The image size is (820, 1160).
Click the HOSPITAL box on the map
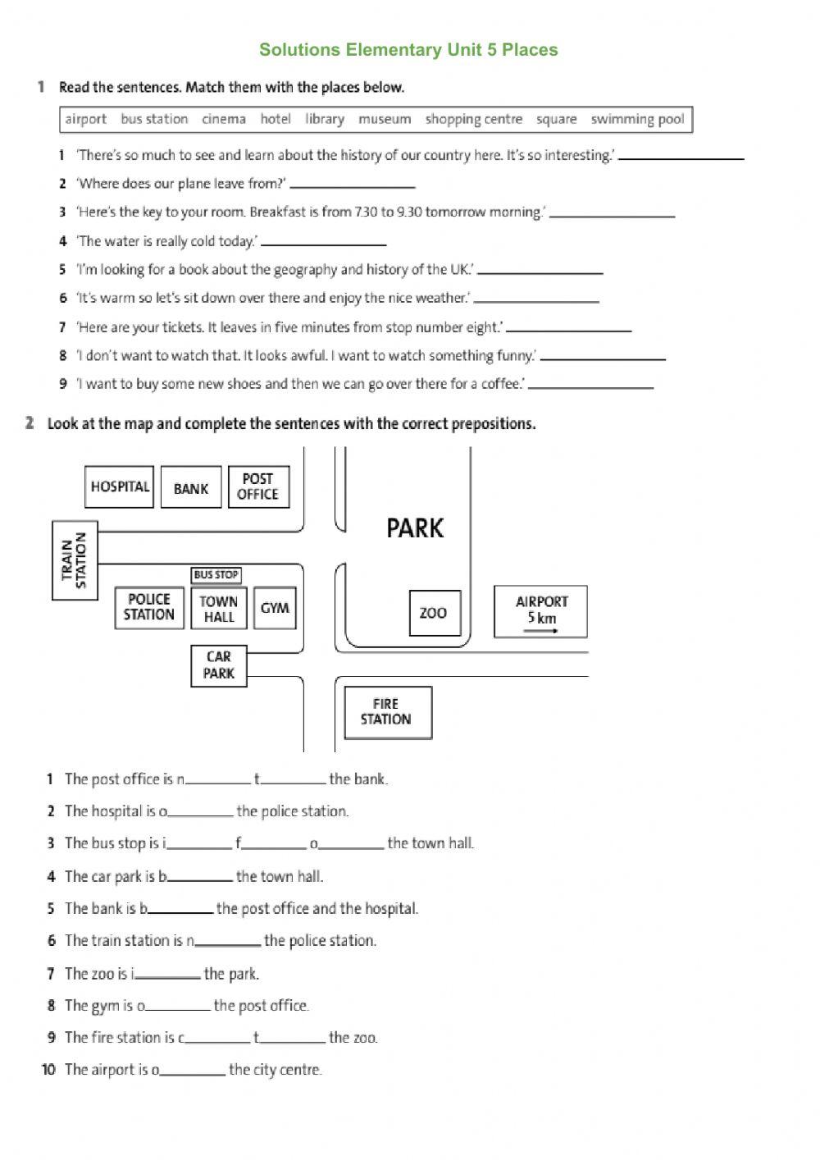point(119,486)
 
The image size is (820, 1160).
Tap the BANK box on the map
point(191,488)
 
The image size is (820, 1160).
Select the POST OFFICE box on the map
point(258,486)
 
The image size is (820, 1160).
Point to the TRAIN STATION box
point(75,559)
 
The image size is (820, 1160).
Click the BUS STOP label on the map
point(216,575)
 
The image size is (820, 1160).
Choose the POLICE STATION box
point(149,607)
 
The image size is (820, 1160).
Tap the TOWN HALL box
point(219,609)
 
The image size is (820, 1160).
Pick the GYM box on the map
point(275,608)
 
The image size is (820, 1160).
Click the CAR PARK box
point(219,665)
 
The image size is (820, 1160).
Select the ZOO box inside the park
point(434,613)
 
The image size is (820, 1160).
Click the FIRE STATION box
point(387,712)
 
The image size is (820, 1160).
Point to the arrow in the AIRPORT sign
point(541,631)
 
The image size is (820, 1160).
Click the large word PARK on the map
point(415,528)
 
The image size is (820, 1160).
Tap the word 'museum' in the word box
point(385,119)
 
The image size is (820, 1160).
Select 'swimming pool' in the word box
point(637,119)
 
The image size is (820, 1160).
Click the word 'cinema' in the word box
point(224,119)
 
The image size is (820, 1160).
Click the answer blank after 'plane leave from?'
point(353,185)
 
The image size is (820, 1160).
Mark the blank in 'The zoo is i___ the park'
point(168,975)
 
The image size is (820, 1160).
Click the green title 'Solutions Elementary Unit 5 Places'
point(408,50)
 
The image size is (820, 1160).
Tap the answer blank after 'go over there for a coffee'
point(590,385)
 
